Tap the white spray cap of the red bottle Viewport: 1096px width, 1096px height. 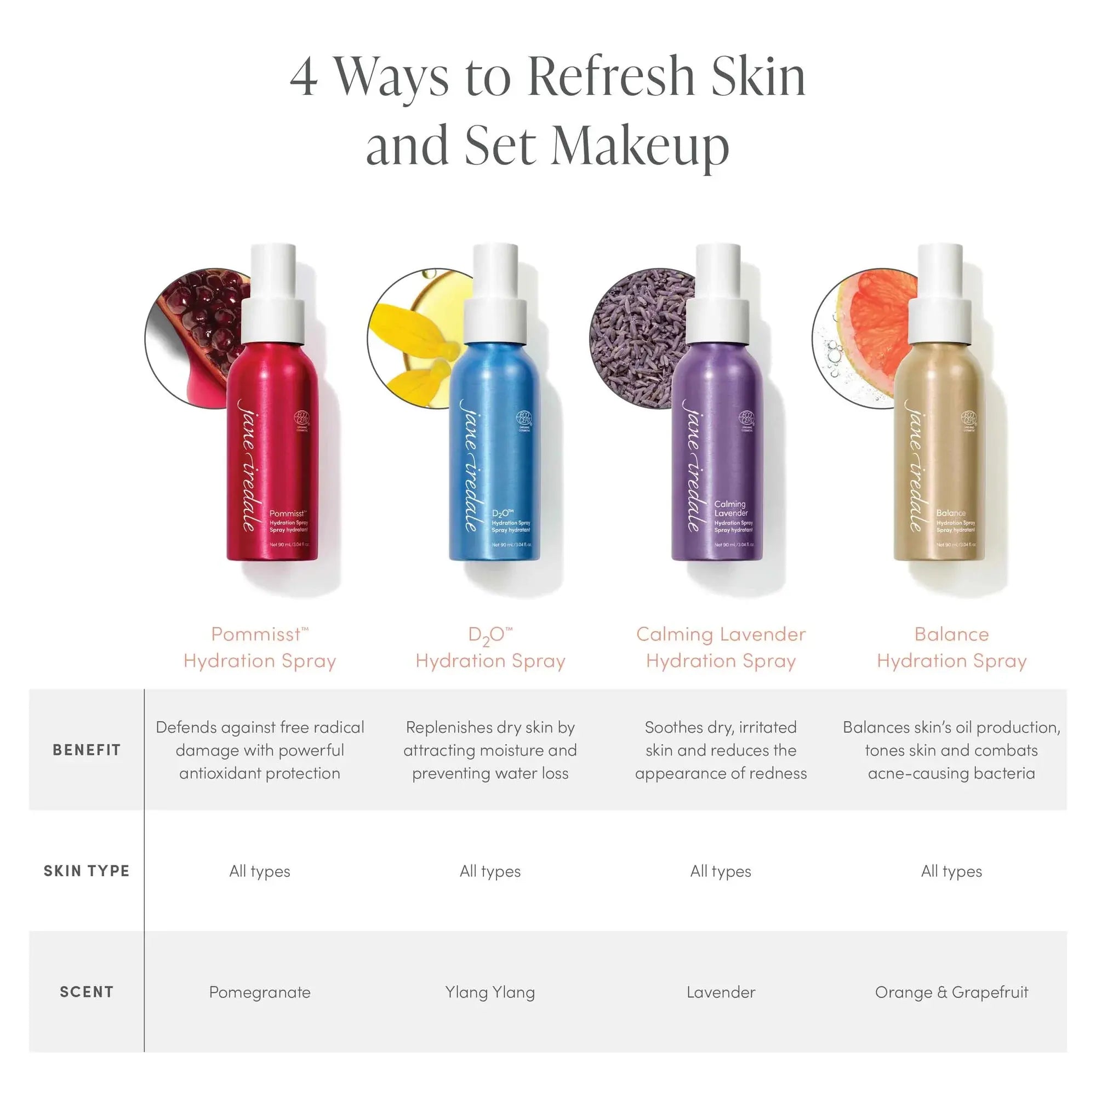pyautogui.click(x=273, y=295)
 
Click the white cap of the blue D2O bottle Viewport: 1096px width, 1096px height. pyautogui.click(x=495, y=295)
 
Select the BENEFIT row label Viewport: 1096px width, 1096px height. pyautogui.click(x=87, y=750)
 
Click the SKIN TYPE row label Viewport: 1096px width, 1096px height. pyautogui.click(x=87, y=871)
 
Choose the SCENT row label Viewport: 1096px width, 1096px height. pyautogui.click(x=87, y=992)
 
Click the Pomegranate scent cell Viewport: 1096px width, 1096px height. pyautogui.click(x=260, y=992)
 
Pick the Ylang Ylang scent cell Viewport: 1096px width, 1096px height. pyautogui.click(x=490, y=992)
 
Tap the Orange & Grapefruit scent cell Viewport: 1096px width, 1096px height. pyautogui.click(x=951, y=992)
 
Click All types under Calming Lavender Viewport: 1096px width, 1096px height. pyautogui.click(x=721, y=871)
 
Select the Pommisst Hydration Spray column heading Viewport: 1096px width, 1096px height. pyautogui.click(x=260, y=647)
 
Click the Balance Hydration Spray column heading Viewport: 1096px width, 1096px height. pyautogui.click(x=951, y=647)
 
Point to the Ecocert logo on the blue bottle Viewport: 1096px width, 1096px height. pyautogui.click(x=523, y=419)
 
